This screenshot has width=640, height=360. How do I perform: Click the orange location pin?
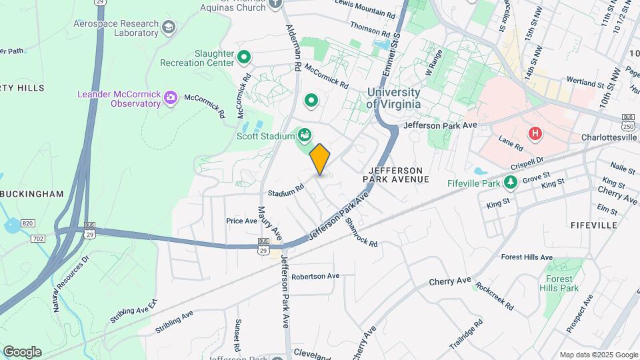tap(320, 159)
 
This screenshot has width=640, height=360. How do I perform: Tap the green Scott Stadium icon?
tap(304, 135)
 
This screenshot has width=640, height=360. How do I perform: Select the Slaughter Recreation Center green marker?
tap(244, 57)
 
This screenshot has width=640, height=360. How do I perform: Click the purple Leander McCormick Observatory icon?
tap(171, 98)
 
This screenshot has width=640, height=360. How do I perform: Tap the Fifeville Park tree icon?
tap(510, 181)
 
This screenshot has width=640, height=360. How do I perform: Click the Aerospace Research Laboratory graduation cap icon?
tap(169, 27)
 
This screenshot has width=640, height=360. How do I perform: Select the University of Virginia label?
tap(393, 98)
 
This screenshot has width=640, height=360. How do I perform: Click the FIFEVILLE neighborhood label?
tap(594, 225)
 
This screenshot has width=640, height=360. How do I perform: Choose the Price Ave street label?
tap(241, 221)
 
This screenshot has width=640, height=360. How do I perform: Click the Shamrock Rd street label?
tap(361, 233)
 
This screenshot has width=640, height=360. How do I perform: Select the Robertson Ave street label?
tap(315, 275)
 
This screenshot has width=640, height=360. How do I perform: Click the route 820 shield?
tap(27, 223)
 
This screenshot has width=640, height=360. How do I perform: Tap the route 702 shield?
tap(38, 237)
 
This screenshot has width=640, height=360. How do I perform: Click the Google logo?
tap(22, 352)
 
